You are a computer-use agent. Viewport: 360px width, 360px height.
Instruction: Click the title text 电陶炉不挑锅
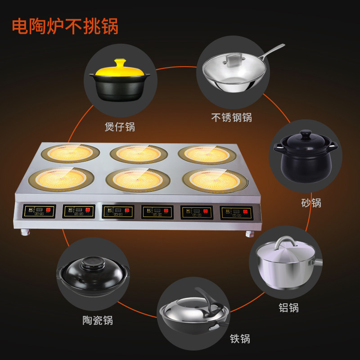[x=65, y=26]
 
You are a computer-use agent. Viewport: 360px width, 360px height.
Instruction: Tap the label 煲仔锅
[x=120, y=126]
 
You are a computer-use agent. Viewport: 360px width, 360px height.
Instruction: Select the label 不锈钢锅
[x=231, y=117]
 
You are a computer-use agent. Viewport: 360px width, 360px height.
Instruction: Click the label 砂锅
[x=311, y=202]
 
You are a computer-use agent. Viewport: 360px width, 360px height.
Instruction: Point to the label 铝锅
[x=288, y=308]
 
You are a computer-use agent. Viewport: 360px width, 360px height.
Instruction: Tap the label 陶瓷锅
[x=98, y=320]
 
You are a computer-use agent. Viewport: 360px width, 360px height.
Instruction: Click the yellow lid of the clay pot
[x=120, y=68]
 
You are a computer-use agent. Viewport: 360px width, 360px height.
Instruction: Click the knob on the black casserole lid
[x=306, y=134]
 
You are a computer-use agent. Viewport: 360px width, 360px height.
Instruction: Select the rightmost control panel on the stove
[x=236, y=212]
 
